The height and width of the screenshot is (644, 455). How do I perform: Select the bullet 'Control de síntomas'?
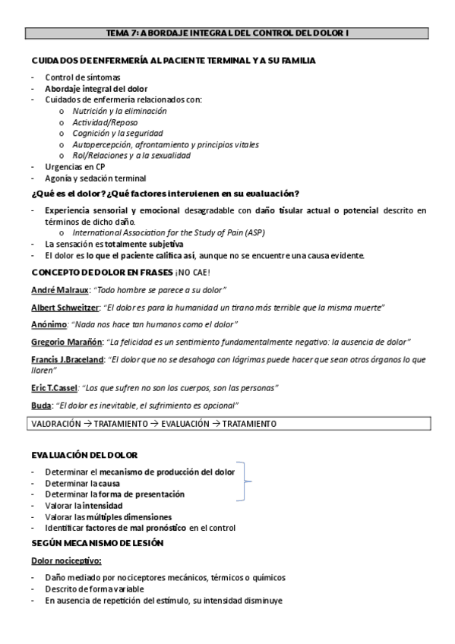coord(81,77)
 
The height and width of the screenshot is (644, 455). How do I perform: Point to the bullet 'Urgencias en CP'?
coord(75,166)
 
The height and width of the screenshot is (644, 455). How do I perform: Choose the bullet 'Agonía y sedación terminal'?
coord(95,178)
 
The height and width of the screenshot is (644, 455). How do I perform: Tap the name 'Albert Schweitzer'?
coord(63,307)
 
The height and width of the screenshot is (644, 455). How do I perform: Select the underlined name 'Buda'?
coord(41,405)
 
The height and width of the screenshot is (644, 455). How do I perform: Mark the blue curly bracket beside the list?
coord(245,482)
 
